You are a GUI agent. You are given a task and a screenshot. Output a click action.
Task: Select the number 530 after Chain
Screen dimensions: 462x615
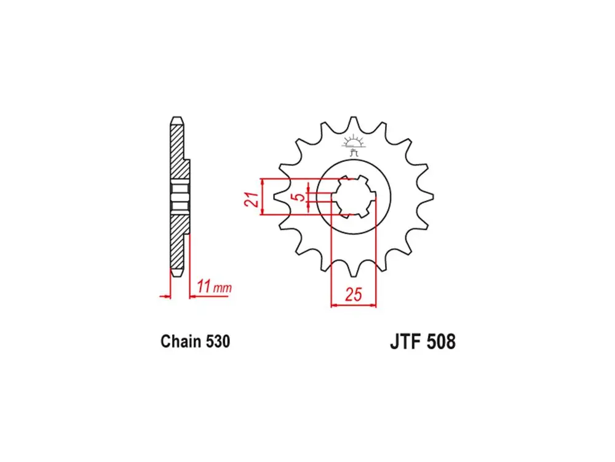click(x=218, y=341)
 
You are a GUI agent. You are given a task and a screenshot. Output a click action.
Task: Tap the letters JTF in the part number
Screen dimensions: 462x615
click(x=404, y=342)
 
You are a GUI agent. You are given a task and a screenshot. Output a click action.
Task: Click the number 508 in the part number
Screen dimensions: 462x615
click(x=440, y=342)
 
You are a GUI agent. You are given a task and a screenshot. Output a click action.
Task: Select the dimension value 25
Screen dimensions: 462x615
click(x=353, y=294)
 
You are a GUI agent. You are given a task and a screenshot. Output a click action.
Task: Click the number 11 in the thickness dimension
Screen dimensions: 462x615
click(x=204, y=286)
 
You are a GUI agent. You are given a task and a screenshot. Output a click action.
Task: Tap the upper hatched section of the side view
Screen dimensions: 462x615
click(x=177, y=151)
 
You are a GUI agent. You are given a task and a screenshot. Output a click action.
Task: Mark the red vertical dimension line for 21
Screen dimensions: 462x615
click(x=263, y=197)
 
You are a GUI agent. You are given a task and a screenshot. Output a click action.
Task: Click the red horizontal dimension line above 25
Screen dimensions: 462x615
click(x=353, y=304)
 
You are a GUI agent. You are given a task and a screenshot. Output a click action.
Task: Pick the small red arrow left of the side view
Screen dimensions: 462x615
click(x=164, y=296)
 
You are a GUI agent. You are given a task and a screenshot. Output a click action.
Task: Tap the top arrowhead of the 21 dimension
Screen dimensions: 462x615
click(x=263, y=182)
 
